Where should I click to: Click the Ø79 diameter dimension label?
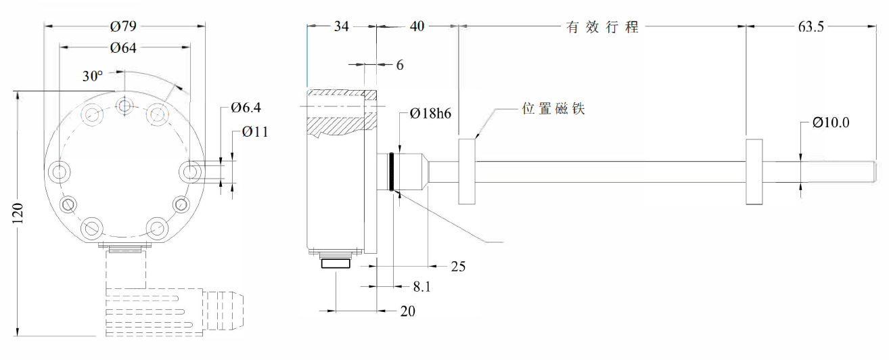124,26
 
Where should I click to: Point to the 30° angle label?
93,76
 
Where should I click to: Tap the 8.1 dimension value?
421,287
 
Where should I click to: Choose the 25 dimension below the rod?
458,266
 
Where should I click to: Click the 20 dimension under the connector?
407,311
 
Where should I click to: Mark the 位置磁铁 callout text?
553,109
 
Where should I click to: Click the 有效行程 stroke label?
602,28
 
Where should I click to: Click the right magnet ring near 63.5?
754,172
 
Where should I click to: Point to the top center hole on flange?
125,106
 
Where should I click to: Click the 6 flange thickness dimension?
400,65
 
